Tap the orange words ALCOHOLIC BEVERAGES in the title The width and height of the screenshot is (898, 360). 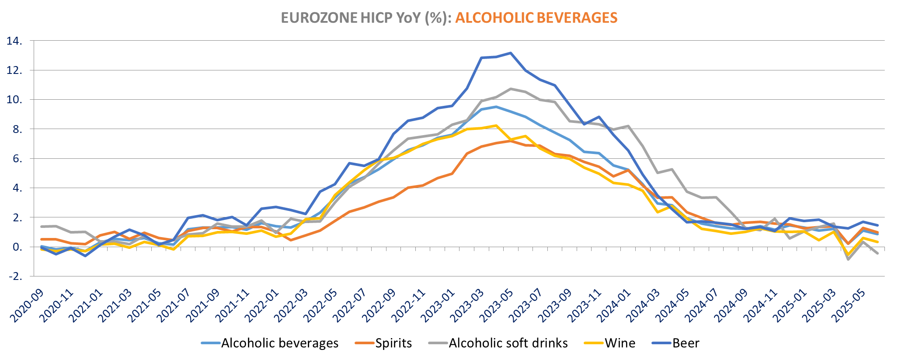tap(536, 17)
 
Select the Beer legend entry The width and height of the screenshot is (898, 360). tap(686, 343)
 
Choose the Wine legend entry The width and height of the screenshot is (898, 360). tap(620, 343)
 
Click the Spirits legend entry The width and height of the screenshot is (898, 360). tap(393, 343)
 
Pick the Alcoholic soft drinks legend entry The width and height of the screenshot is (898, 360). tap(508, 343)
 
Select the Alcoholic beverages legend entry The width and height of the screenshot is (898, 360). tap(280, 343)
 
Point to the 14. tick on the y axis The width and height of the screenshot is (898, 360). tap(15, 41)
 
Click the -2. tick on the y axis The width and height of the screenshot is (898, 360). tap(15, 276)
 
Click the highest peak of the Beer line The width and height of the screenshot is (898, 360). tap(510, 53)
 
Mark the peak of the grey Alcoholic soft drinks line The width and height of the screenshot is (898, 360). tap(510, 89)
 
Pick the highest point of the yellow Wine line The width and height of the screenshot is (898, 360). tap(496, 126)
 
